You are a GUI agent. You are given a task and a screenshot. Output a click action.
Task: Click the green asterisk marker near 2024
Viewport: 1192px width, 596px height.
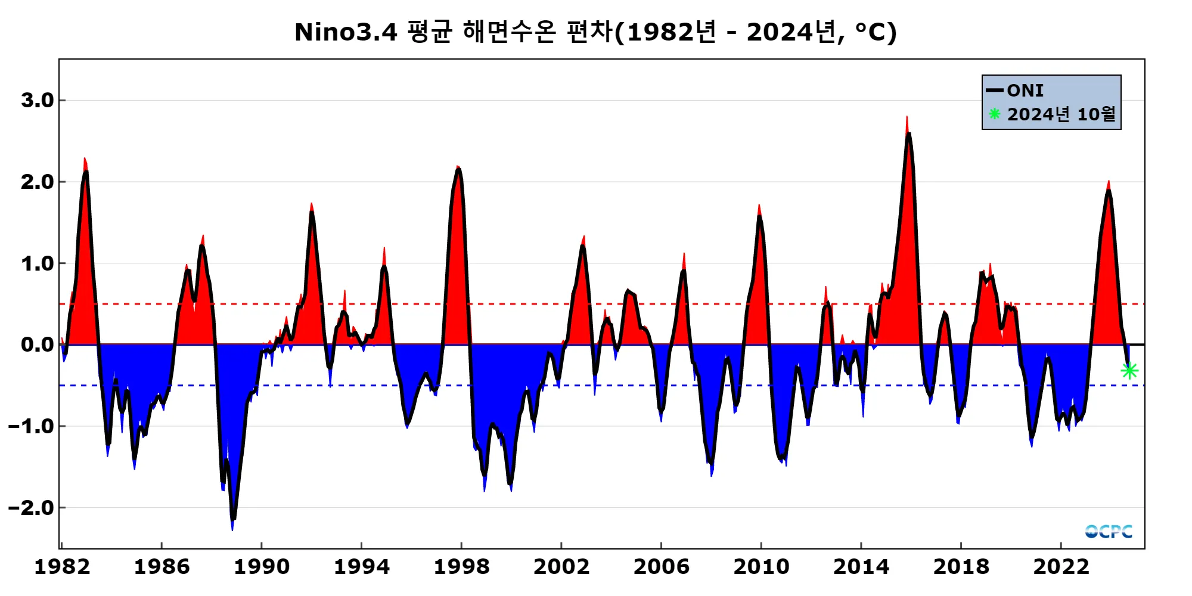point(1129,371)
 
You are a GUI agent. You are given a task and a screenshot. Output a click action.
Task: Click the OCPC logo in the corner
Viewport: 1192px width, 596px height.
point(1109,531)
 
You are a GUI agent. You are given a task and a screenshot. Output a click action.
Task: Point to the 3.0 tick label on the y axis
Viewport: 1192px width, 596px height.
point(38,100)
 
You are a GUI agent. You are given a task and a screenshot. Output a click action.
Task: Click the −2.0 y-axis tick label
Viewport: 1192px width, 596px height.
point(31,508)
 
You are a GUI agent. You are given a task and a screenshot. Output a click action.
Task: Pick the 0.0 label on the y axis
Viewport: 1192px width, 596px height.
point(38,344)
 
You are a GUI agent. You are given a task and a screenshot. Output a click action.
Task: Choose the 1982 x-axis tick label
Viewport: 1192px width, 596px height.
point(62,566)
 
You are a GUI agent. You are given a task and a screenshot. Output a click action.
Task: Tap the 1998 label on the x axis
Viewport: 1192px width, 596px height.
point(461,566)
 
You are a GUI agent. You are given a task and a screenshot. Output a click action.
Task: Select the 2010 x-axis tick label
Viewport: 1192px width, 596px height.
point(761,566)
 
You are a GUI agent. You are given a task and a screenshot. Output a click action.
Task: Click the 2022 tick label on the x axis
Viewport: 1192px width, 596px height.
point(1061,566)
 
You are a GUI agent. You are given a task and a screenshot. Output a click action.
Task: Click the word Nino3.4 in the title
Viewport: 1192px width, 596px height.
point(346,32)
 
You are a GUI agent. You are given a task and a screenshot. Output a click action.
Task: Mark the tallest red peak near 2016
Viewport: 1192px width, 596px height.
point(907,118)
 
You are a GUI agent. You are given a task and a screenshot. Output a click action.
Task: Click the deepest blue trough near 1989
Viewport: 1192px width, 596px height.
point(232,528)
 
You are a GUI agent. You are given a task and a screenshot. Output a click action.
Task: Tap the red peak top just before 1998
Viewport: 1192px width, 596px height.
point(458,167)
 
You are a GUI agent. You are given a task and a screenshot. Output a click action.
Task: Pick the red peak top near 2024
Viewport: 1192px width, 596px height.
point(1109,182)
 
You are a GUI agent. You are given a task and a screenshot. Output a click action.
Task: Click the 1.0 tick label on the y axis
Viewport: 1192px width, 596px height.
point(38,263)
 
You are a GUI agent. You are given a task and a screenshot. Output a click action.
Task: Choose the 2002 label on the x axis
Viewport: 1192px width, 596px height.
point(561,566)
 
